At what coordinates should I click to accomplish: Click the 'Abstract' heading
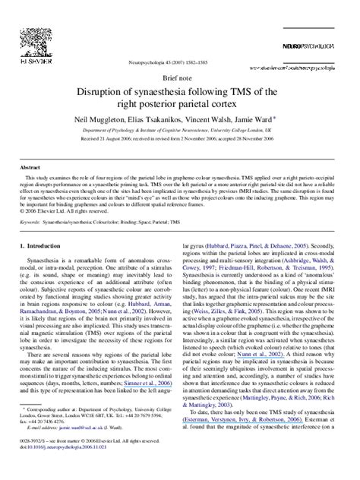pyautogui.click(x=30, y=167)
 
